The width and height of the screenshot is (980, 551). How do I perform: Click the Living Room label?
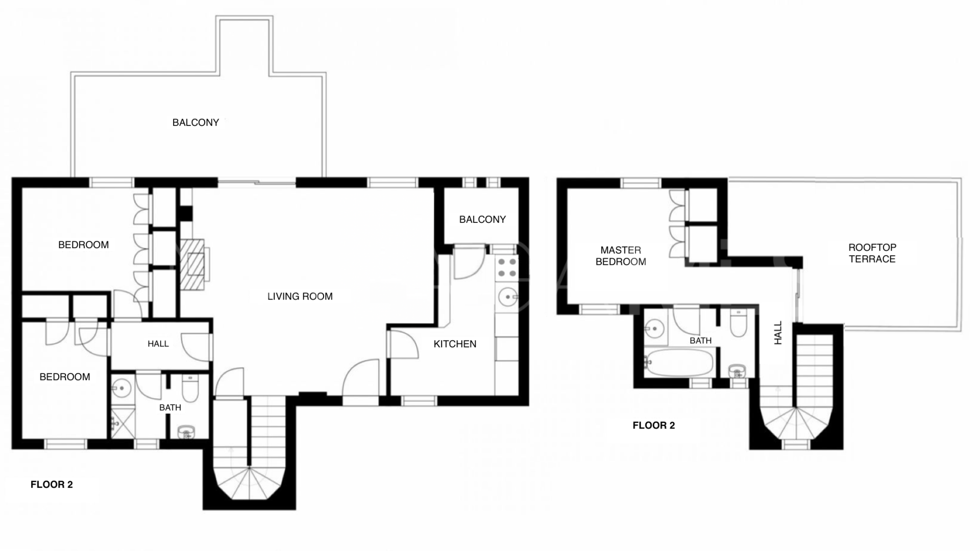[x=300, y=296]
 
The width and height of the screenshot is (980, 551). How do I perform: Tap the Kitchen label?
[x=455, y=344]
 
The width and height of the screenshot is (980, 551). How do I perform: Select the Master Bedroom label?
[x=621, y=256]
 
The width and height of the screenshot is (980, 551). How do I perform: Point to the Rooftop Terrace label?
[x=872, y=253]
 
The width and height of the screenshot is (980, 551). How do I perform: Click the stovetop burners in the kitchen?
[x=507, y=268]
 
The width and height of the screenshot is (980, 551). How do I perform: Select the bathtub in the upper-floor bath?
[x=679, y=362]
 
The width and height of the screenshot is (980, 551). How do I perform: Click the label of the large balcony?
[x=195, y=122]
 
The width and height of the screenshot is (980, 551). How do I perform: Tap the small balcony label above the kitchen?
[x=482, y=219]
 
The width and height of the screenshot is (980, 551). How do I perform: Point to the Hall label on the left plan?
[x=158, y=344]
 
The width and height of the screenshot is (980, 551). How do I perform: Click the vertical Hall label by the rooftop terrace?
[x=778, y=333]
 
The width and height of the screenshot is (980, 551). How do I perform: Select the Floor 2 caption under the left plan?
[x=52, y=485]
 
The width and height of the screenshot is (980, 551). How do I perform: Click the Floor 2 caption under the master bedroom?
[x=653, y=425]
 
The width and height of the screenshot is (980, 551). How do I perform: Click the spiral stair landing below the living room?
[x=249, y=482]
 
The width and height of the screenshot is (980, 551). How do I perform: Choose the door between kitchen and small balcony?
[x=469, y=261]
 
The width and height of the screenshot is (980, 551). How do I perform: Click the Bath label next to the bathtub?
[x=700, y=340]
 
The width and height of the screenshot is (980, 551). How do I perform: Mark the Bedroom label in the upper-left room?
[x=83, y=245]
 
